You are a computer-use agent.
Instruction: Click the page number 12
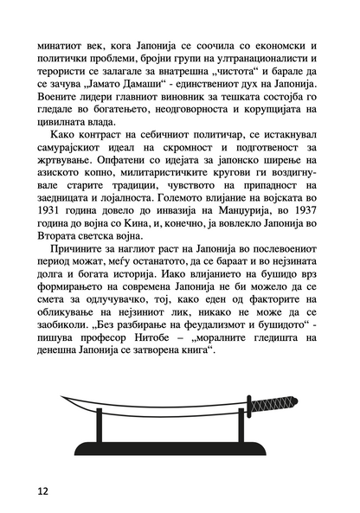click(43, 490)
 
